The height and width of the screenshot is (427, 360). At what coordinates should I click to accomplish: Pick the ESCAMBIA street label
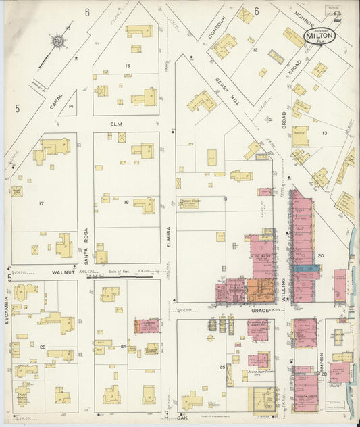6,310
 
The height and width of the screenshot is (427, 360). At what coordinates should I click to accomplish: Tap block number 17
41,203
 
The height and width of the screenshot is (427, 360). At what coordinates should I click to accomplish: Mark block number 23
42,347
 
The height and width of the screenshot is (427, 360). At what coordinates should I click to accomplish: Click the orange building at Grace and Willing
260,290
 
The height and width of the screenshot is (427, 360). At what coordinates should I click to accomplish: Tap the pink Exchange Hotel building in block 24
147,326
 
